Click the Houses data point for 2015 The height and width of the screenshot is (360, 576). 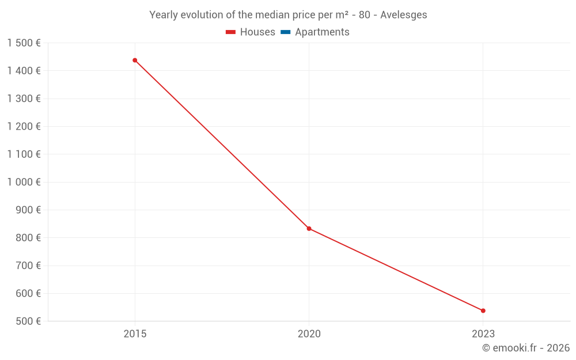[135, 60]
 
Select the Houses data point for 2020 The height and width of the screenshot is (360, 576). [309, 229]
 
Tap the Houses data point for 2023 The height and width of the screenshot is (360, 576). [483, 310]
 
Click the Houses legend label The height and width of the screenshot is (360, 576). [257, 32]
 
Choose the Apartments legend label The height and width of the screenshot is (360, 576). [322, 32]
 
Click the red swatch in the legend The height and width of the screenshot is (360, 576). [231, 32]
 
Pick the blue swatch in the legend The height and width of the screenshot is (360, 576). [285, 32]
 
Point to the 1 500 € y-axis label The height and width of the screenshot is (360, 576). [24, 43]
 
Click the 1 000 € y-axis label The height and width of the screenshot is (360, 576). [24, 182]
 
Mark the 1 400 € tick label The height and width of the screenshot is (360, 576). [24, 71]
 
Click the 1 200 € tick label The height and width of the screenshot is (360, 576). [24, 127]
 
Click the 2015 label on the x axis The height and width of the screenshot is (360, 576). [135, 334]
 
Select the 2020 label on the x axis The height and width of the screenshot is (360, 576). [309, 334]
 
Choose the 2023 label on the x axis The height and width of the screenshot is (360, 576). [483, 334]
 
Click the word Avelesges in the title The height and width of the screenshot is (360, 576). [403, 15]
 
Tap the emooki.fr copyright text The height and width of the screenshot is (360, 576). [525, 348]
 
